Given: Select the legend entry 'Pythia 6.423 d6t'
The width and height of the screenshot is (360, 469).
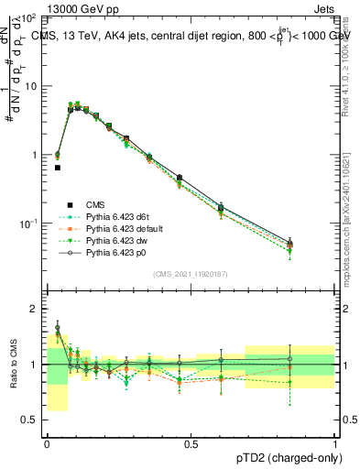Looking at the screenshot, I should coord(108,217).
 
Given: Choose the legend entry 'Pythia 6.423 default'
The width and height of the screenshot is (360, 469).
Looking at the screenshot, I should coord(114,229).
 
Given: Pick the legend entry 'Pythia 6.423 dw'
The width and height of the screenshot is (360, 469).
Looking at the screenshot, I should coord(107,241).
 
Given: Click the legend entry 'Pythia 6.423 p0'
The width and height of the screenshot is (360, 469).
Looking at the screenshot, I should coord(107,253).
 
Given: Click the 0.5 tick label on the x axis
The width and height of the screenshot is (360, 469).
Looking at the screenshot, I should coord(191,443).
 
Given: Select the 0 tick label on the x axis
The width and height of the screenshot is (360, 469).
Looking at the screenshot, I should coord(47,443).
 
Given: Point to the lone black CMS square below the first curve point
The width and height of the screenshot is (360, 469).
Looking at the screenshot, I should coord(58,168).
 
